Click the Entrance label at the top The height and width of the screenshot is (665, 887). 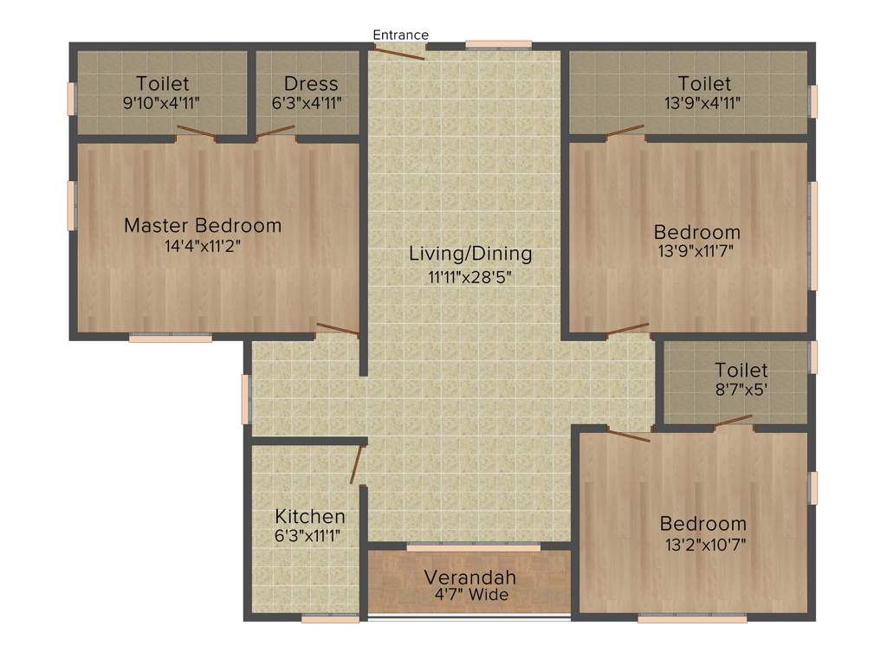tap(400, 35)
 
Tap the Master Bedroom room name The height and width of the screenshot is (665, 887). tap(203, 226)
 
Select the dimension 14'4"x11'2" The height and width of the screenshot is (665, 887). tap(203, 246)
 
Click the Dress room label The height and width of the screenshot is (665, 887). tap(311, 84)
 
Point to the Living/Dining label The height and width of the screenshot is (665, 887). tap(470, 255)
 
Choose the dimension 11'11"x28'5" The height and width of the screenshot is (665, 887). tap(470, 276)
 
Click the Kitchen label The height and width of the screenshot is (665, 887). tap(310, 517)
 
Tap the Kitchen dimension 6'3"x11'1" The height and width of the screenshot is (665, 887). tap(308, 536)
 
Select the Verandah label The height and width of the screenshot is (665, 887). tap(469, 578)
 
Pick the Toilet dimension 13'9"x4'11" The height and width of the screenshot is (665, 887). tap(704, 103)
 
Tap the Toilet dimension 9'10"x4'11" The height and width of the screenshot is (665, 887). tap(162, 103)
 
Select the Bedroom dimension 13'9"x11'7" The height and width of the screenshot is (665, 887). tap(696, 252)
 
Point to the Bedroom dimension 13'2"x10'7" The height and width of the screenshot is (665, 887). tap(702, 544)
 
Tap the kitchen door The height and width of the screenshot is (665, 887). tap(356, 464)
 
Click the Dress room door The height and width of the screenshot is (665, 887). tap(275, 132)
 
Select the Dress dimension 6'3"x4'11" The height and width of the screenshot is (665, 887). tap(311, 103)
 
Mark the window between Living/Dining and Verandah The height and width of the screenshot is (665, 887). tap(473, 547)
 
